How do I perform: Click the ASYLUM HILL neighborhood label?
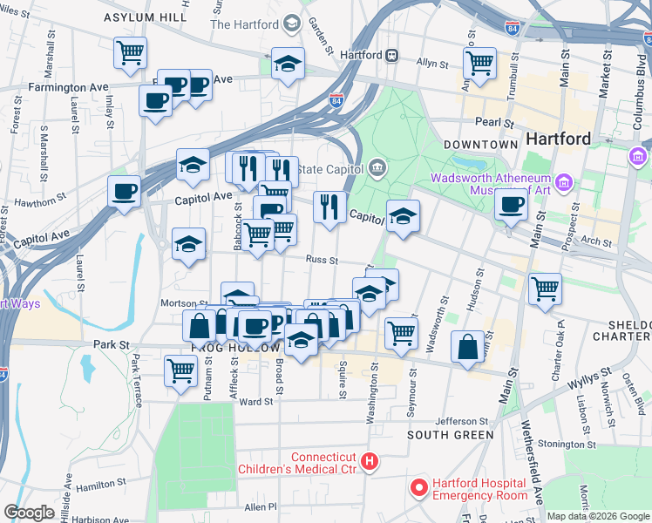coord(145,17)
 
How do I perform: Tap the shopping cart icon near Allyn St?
coord(479,63)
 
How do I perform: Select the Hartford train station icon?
coord(392,55)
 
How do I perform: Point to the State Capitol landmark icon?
coord(377,166)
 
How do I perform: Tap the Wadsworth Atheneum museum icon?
coord(564,183)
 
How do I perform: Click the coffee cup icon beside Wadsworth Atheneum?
coord(511,205)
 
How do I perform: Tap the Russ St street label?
coord(322,259)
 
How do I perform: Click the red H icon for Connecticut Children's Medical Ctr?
coord(370,461)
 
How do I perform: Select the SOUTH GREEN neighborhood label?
coord(451,434)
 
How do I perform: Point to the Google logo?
coord(30,512)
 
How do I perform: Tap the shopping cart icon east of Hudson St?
coord(545,289)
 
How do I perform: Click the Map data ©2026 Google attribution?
coord(598,516)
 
